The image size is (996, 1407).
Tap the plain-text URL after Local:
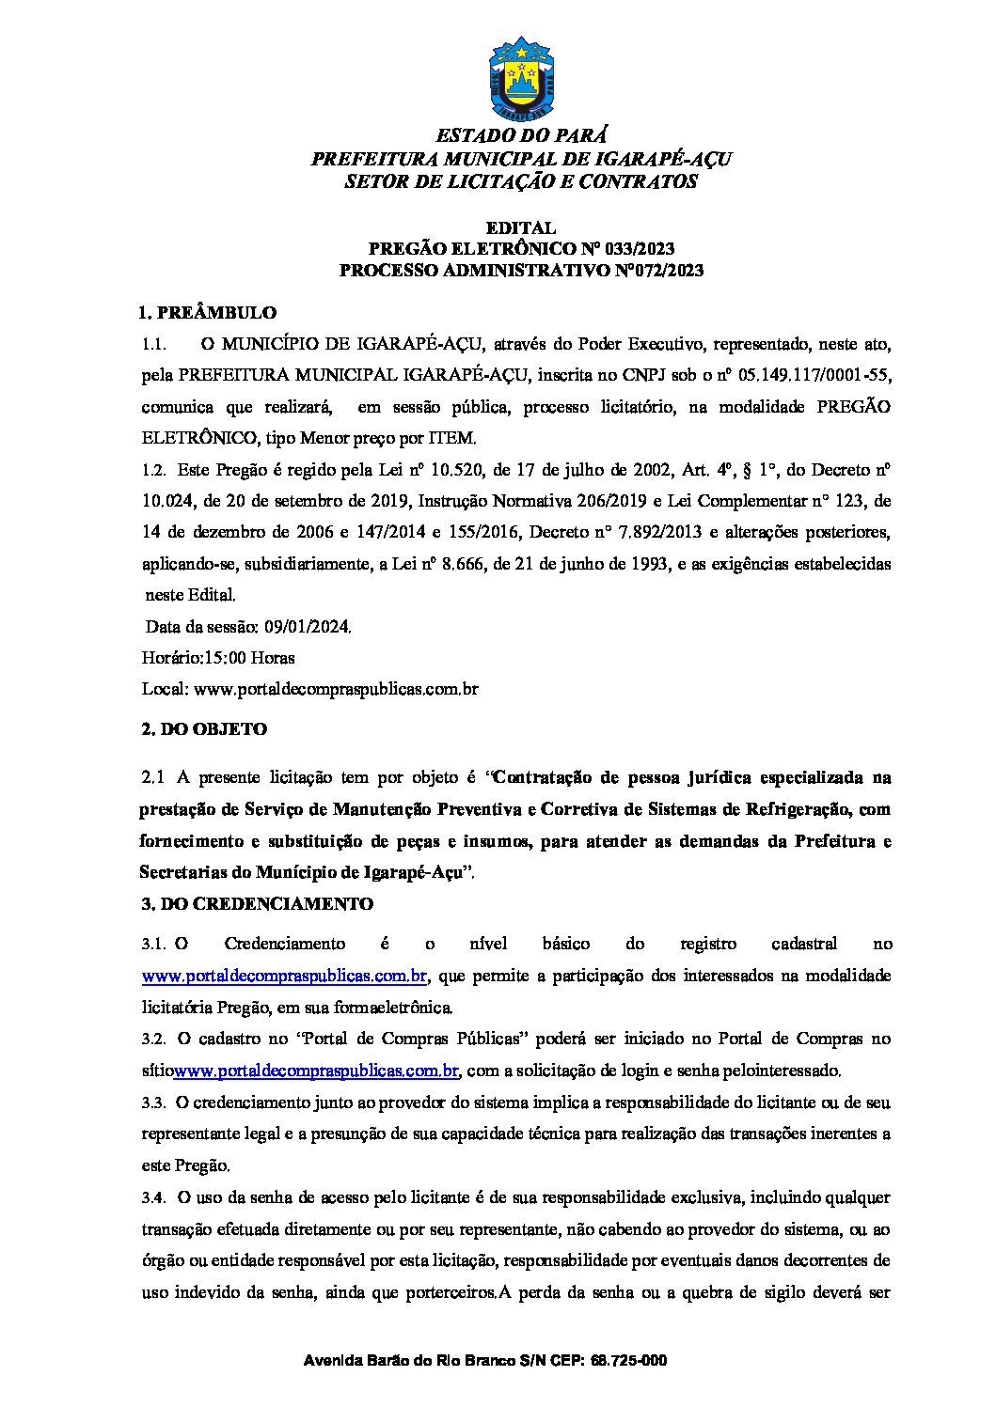(x=335, y=689)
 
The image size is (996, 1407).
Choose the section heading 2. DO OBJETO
(x=202, y=728)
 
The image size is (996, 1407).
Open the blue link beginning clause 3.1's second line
(x=285, y=976)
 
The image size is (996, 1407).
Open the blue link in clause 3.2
(x=317, y=1071)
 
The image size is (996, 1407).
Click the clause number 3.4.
(x=153, y=1197)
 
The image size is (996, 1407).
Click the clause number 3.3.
(x=153, y=1102)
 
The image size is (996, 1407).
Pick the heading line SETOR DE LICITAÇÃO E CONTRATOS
(x=521, y=181)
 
